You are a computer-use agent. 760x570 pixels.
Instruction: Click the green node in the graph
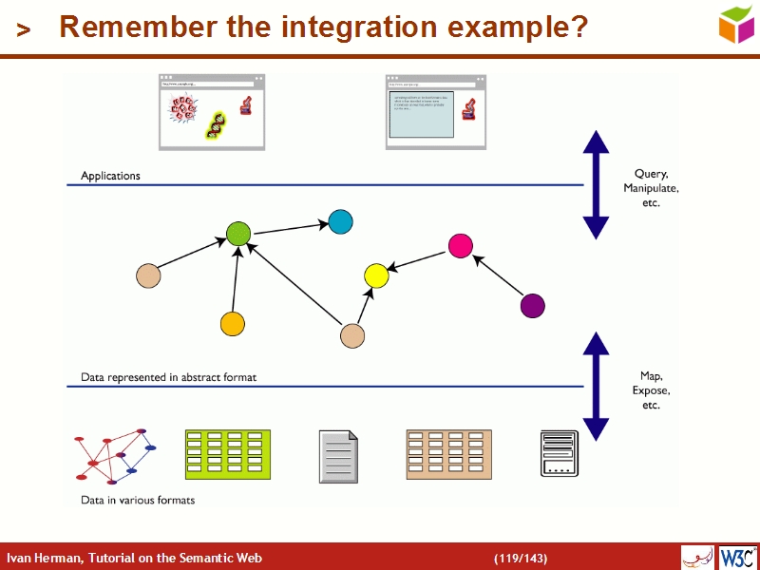pos(238,233)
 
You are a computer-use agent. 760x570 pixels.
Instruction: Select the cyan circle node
pos(340,221)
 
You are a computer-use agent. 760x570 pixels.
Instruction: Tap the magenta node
pos(461,245)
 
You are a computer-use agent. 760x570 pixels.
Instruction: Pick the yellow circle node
pos(377,276)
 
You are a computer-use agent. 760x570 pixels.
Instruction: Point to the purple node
pos(533,306)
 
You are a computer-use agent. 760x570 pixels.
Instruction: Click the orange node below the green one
pos(233,324)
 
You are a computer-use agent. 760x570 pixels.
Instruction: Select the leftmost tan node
pos(148,275)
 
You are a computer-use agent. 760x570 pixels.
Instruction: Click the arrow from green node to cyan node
pos(289,228)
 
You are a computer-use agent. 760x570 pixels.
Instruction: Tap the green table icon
pos(228,454)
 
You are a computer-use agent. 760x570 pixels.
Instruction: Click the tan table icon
pos(447,454)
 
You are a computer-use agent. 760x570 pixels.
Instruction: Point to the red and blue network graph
pos(114,455)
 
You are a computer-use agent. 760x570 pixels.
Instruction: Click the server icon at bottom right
pos(560,453)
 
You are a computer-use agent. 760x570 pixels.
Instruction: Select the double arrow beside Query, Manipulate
pos(596,184)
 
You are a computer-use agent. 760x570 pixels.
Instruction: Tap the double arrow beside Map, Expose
pos(596,387)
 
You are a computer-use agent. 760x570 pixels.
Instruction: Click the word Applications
pos(110,176)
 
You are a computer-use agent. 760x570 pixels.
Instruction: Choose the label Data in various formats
pos(138,500)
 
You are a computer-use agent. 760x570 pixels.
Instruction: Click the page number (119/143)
pos(521,558)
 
